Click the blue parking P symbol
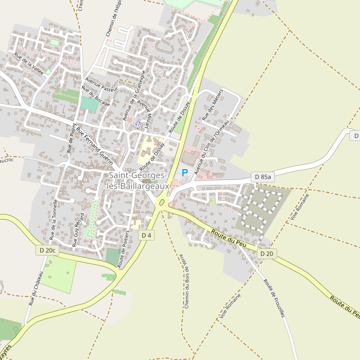185,172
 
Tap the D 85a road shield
262,177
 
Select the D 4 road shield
146,235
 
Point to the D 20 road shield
267,254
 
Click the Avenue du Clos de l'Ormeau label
215,137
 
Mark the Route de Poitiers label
125,251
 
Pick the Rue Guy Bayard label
77,230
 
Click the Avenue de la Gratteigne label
134,95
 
